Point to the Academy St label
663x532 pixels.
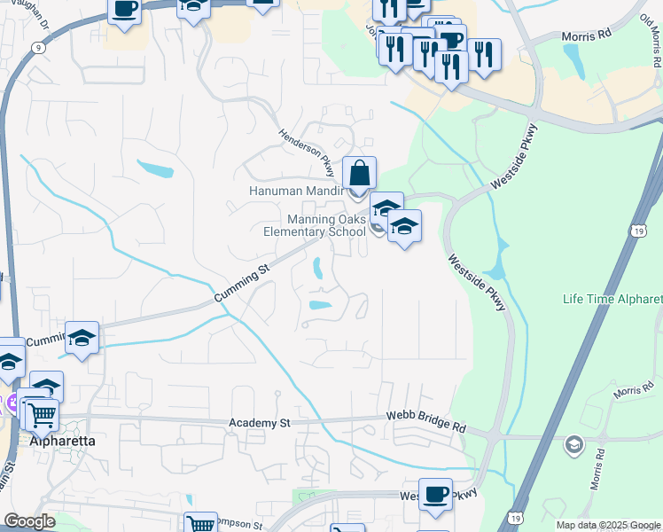pos(260,424)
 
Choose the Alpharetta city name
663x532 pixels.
pos(63,440)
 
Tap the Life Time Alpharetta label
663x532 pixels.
pos(612,299)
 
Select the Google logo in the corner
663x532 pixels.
pos(29,521)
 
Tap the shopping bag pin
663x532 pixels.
pos(359,172)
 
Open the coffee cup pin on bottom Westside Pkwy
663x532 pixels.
pos(435,494)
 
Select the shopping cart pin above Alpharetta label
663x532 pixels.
pos(41,414)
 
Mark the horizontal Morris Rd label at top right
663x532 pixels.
pos(587,36)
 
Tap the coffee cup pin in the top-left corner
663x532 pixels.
pos(125,9)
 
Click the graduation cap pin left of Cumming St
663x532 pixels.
pos(82,338)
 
